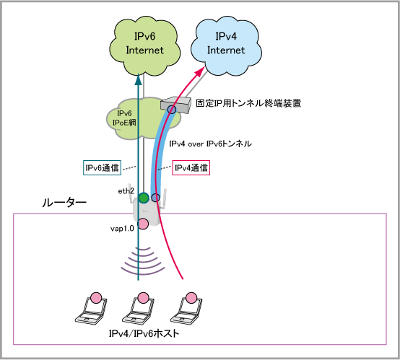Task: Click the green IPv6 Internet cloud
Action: pos(145,46)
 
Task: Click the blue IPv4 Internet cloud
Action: pos(226,46)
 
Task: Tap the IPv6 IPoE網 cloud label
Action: pos(124,118)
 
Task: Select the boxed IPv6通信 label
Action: pos(102,167)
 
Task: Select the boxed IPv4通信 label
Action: pos(191,167)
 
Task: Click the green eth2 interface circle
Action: pos(144,198)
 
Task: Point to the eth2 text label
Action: pos(126,191)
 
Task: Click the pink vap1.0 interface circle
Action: pos(143,224)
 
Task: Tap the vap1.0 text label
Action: pos(122,229)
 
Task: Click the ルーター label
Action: pos(64,203)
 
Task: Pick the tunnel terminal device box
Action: pos(175,105)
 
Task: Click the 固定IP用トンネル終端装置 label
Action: pos(248,103)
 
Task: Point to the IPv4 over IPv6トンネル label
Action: pos(210,144)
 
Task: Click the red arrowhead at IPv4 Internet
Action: pos(201,71)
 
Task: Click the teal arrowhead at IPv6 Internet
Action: pos(138,79)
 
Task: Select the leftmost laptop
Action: pos(91,310)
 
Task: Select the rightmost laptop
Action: pos(186,310)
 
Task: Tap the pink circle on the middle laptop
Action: pos(143,298)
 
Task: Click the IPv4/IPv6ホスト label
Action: pos(144,333)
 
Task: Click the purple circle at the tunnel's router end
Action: pos(156,198)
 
